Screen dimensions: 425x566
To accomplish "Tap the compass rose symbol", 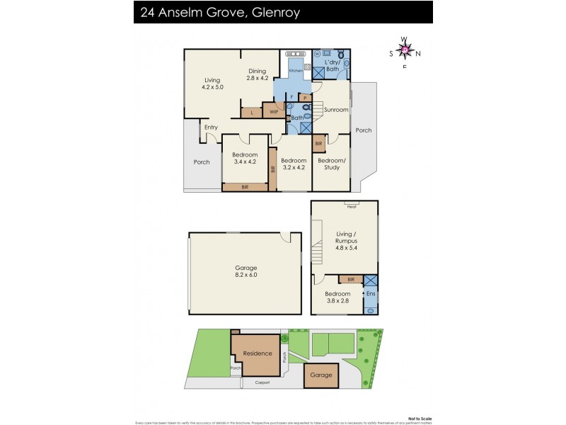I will (x=405, y=50).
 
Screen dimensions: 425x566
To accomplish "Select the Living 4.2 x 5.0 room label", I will (x=213, y=84).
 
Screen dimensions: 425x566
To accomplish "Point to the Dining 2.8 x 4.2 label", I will (x=257, y=74).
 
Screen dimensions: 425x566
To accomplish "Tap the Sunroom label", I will (x=336, y=110).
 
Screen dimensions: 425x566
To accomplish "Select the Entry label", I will (x=211, y=127).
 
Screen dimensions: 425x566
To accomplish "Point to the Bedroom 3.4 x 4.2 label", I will (x=246, y=159).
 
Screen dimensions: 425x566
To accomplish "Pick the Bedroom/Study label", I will (x=331, y=164).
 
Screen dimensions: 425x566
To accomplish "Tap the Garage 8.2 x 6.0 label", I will (x=246, y=271).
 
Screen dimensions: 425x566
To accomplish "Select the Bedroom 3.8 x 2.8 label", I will (x=337, y=297).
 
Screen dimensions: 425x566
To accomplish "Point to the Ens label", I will (x=370, y=293).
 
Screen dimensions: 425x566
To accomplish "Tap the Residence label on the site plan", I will (x=258, y=353).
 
